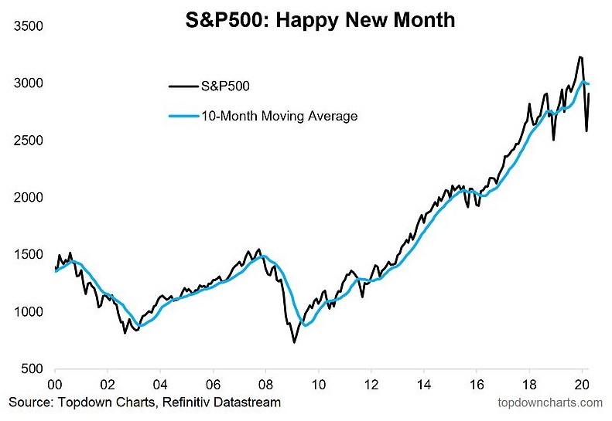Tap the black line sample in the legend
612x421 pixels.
pos(182,87)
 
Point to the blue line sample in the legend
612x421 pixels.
pos(182,117)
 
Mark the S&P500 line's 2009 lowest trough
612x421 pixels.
pos(294,341)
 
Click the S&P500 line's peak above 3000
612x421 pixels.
pos(580,56)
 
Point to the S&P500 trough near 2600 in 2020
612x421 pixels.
pos(586,131)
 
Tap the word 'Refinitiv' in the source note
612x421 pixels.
pos(183,402)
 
